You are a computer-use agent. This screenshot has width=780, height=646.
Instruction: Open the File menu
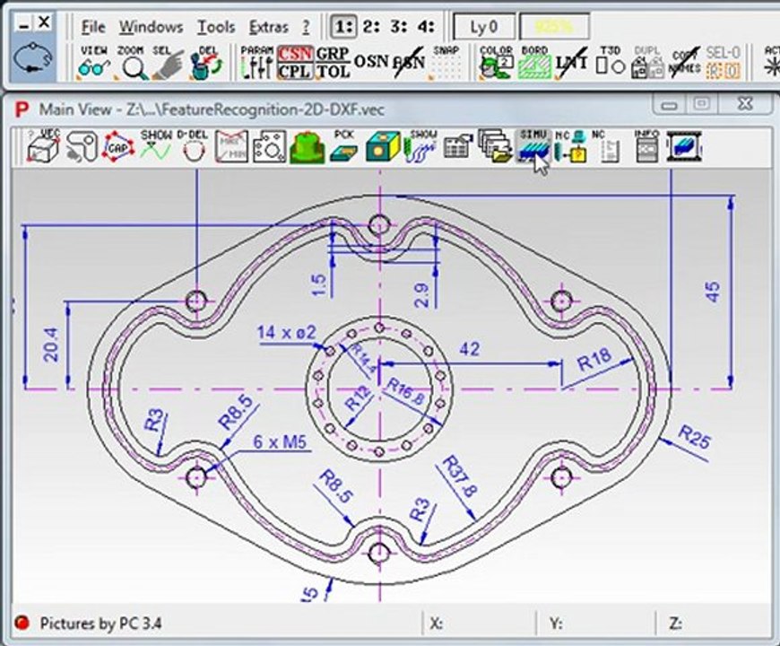tap(92, 27)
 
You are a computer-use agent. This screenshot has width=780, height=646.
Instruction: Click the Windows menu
tap(150, 27)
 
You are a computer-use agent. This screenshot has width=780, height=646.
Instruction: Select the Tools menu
tap(216, 27)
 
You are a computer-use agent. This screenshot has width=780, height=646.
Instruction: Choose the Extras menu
tap(268, 27)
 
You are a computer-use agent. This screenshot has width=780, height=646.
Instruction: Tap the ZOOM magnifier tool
tap(132, 63)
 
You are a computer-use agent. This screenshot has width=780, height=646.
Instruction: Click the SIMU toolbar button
tap(533, 145)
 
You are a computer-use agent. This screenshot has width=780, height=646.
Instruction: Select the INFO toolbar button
tap(646, 145)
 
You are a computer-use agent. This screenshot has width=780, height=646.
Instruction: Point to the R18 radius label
tap(594, 362)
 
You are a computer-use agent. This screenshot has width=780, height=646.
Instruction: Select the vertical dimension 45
tap(713, 292)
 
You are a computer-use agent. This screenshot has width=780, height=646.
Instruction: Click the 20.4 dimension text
tap(52, 345)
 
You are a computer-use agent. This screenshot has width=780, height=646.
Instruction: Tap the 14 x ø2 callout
tap(286, 333)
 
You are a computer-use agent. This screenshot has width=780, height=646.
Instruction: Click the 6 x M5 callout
tap(280, 441)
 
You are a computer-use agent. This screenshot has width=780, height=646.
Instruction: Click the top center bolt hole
tap(379, 223)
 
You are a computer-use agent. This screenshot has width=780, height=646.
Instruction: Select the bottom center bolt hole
tap(379, 553)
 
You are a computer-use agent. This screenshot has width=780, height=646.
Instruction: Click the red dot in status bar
tap(22, 623)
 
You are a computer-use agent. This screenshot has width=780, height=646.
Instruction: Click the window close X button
tap(743, 104)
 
